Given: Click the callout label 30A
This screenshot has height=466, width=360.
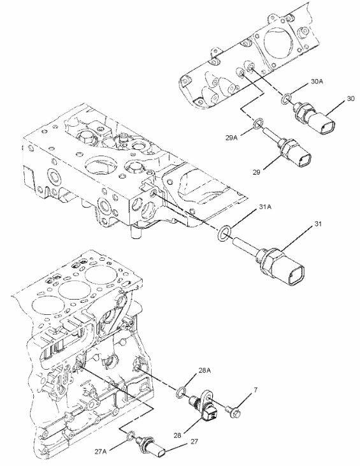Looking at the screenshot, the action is pos(317,82).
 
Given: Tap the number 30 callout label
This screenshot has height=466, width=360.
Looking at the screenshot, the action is pos(350,98).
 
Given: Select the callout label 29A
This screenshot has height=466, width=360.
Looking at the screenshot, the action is pos(231,138).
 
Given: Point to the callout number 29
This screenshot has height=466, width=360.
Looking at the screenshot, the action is pos(257,171).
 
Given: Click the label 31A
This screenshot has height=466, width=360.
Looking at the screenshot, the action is pos(265,207).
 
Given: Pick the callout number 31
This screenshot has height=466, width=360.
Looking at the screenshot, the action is pos(318,224).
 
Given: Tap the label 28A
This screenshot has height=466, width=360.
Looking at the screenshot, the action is pos(205,370).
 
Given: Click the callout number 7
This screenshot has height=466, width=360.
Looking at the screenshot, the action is pos(256,390).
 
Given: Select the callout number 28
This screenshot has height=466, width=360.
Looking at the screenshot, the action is pos(177,435).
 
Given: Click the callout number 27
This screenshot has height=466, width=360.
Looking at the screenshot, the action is pos(194,441).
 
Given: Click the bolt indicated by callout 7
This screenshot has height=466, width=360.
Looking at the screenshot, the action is pos(233,411).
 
